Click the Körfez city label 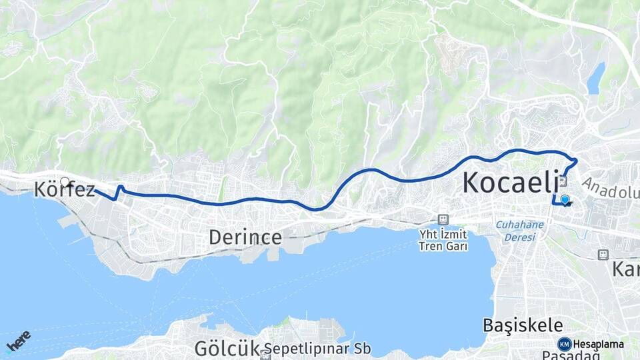(65, 190)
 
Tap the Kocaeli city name (510, 182)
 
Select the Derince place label (245, 237)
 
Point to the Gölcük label (226, 348)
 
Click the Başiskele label (523, 325)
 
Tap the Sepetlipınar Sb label (317, 349)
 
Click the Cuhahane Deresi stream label (519, 229)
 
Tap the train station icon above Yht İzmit (443, 219)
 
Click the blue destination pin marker (565, 199)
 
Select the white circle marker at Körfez (65, 181)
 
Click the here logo (18, 341)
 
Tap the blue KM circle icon (564, 344)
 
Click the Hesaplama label (599, 345)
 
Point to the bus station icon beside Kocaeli (563, 181)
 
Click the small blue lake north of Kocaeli (595, 79)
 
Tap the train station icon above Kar (603, 255)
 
